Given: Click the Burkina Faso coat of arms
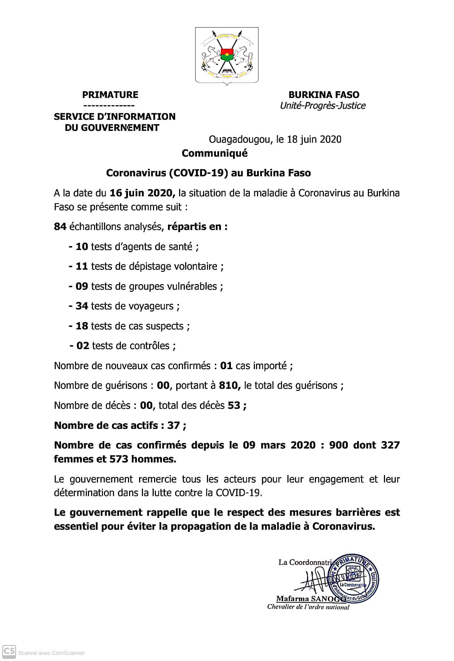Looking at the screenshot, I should coord(227,55).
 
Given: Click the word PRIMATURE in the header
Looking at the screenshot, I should coord(110,95).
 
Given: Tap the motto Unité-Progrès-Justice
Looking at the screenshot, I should coord(322,106).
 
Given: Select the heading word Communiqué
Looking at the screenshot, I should coord(214,153).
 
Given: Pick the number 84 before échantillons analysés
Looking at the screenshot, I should coord(60,227).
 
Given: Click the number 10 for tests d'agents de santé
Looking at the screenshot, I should coord(82,247).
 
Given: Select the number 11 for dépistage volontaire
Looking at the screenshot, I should coord(82,266).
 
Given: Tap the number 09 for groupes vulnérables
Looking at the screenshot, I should coord(82,287).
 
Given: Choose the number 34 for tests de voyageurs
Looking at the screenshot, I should coord(82,306).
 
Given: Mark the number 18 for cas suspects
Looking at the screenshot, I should coord(82,326).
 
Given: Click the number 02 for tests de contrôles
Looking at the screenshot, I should coord(83,346).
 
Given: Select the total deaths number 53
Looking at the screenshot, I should coord(234,406).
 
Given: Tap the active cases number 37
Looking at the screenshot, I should coord(173,426).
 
